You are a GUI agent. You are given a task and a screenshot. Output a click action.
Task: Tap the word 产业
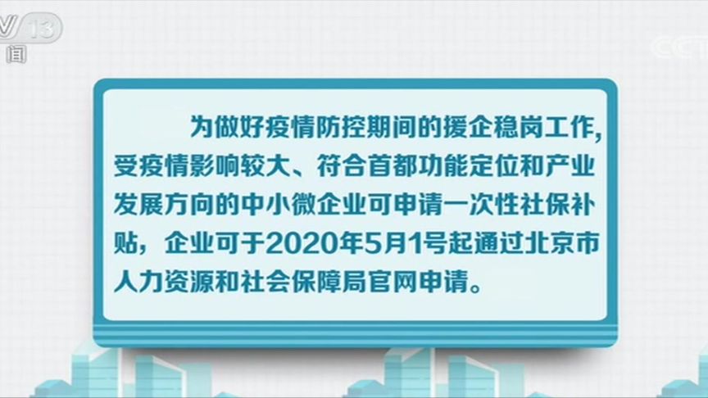click(x=573, y=168)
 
